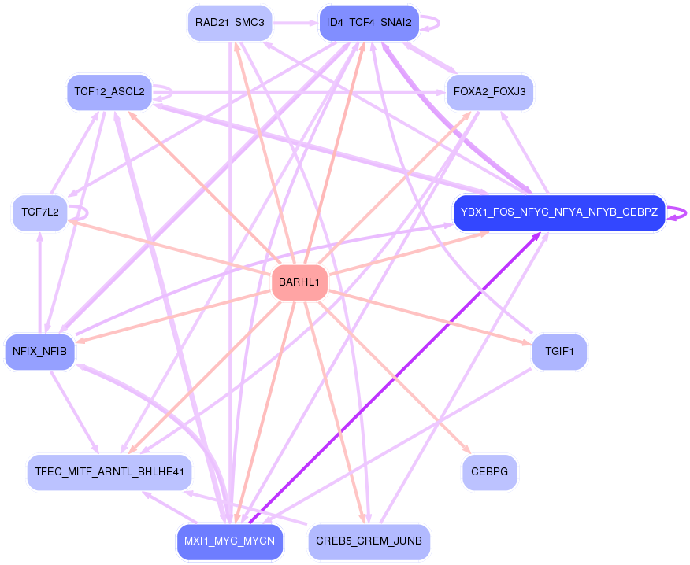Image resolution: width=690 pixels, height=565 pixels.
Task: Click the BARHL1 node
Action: pos(299,282)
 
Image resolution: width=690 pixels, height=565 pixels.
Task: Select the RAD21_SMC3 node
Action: pos(229,23)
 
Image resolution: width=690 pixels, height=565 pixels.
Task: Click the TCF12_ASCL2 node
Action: pos(109,92)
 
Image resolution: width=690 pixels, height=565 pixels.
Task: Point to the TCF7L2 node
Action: pos(40,212)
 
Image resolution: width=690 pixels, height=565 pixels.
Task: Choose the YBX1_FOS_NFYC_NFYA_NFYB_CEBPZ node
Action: pos(559,212)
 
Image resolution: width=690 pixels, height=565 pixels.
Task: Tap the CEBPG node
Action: pos(489,472)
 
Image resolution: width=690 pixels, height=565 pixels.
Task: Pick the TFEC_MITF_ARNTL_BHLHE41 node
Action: pos(109,472)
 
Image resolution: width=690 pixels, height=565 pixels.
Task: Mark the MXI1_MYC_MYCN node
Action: pos(229,541)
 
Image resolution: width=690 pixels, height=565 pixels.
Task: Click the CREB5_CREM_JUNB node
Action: pos(369,541)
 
